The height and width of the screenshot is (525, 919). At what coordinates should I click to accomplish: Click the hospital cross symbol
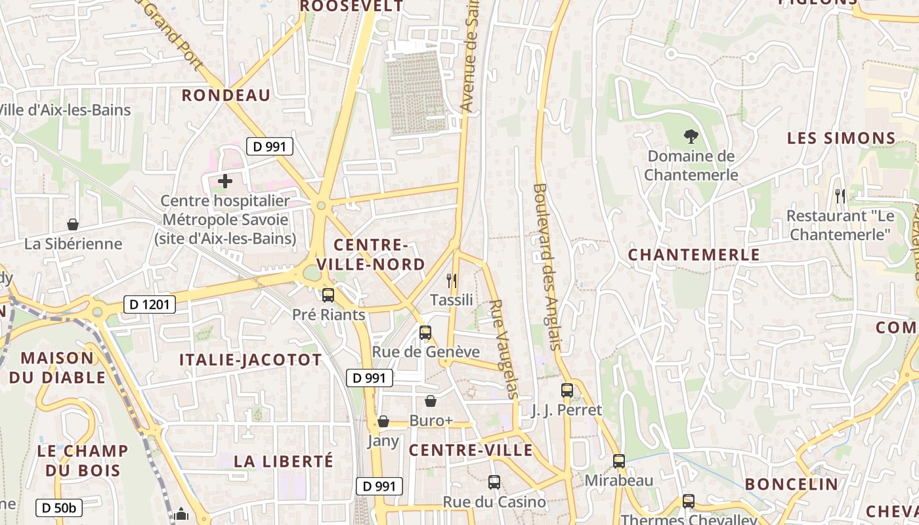[x=225, y=181]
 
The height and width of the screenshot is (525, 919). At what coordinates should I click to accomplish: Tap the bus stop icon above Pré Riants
[x=328, y=295]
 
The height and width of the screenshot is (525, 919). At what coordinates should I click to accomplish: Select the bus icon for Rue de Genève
[x=425, y=333]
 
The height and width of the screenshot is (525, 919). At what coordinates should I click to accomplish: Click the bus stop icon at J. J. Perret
[x=567, y=390]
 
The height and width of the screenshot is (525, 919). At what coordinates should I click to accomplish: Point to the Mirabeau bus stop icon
[x=619, y=461]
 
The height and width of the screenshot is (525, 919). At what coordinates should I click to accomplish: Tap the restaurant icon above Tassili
[x=451, y=281]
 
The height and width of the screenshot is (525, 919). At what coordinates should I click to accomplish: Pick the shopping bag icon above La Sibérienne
[x=73, y=225]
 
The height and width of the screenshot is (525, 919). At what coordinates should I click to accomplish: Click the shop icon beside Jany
[x=383, y=421]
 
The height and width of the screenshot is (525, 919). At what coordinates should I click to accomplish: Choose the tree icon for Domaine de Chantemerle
[x=691, y=136]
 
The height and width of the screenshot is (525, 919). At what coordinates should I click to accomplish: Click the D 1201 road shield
[x=150, y=304]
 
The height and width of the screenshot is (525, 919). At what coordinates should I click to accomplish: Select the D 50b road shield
[x=59, y=507]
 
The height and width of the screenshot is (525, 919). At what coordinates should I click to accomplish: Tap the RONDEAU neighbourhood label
[x=226, y=95]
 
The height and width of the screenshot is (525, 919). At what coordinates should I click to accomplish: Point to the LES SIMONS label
[x=842, y=138]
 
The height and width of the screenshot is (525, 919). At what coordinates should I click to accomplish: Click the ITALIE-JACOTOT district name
[x=251, y=360]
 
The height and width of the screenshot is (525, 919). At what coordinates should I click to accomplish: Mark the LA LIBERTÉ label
[x=284, y=461]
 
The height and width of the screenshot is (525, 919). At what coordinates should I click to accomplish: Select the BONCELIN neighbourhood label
[x=792, y=484]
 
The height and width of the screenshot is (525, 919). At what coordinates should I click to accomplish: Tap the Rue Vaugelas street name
[x=504, y=349]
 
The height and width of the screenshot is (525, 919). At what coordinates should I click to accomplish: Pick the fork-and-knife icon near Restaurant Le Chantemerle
[x=840, y=196]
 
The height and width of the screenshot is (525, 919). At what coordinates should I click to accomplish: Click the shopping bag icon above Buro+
[x=431, y=401]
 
